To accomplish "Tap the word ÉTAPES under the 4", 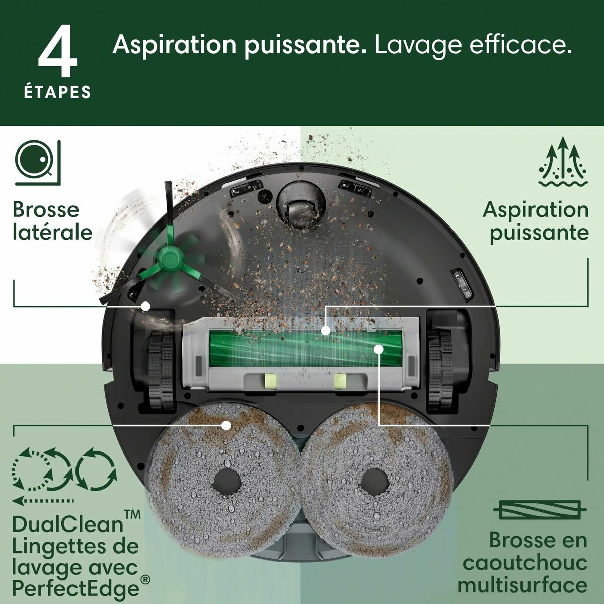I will tap(58, 92).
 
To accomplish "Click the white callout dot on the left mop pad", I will tap(226, 425).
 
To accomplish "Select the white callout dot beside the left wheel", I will tap(146, 306).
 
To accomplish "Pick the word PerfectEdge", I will tap(75, 588).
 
